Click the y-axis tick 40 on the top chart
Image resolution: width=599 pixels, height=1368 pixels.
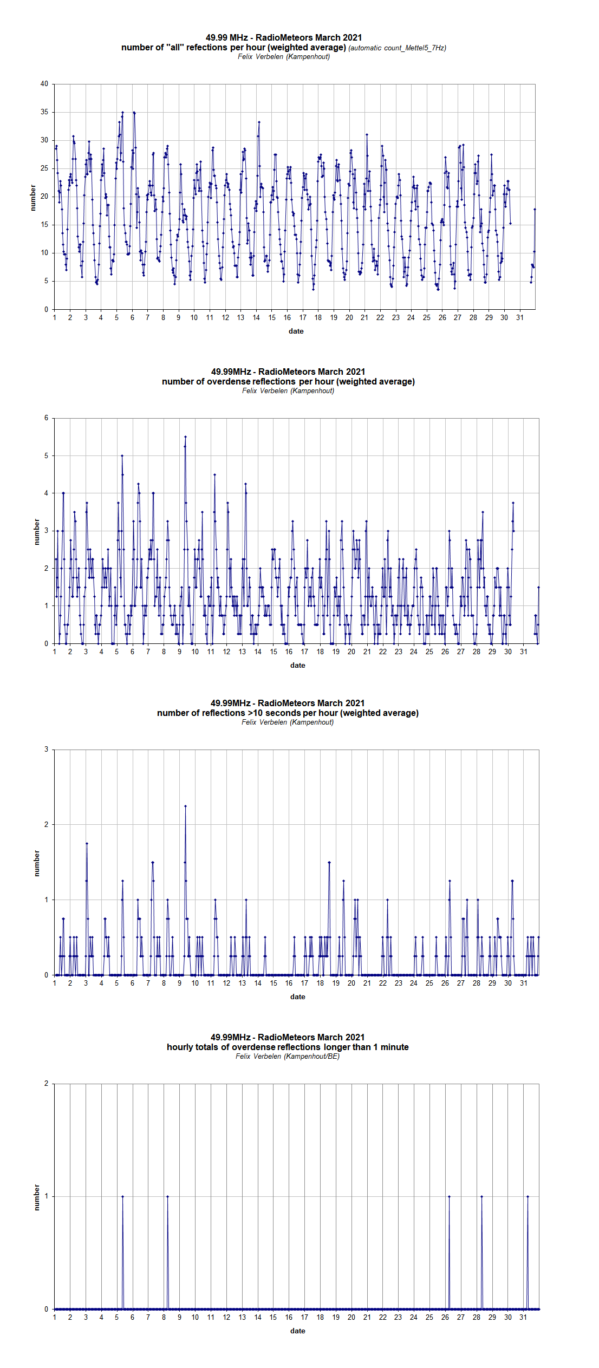tap(44, 84)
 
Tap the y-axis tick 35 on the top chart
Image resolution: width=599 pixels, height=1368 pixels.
tap(44, 112)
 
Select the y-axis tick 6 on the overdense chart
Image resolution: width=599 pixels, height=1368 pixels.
tap(47, 418)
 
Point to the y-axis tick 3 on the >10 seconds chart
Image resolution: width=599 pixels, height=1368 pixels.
tap(47, 750)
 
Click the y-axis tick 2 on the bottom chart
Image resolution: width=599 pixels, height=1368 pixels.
tap(47, 1084)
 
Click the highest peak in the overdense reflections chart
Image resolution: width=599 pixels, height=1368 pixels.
tap(185, 437)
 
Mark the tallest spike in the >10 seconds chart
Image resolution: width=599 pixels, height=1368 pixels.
tap(185, 806)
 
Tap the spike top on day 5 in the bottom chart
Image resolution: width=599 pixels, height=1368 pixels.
tap(122, 1196)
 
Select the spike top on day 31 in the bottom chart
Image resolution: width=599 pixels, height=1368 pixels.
tap(528, 1196)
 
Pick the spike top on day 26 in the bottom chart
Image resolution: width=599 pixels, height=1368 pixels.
tap(449, 1196)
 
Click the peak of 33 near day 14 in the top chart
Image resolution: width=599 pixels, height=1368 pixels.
tap(259, 122)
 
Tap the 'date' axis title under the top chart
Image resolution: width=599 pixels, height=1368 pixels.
tap(296, 331)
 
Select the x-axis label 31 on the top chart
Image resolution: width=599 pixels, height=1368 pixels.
tap(520, 317)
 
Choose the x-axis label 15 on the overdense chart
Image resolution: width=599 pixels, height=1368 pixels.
tap(274, 652)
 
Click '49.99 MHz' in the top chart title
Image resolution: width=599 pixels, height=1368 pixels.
tap(227, 37)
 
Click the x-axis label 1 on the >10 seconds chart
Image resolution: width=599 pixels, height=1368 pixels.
tap(55, 983)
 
